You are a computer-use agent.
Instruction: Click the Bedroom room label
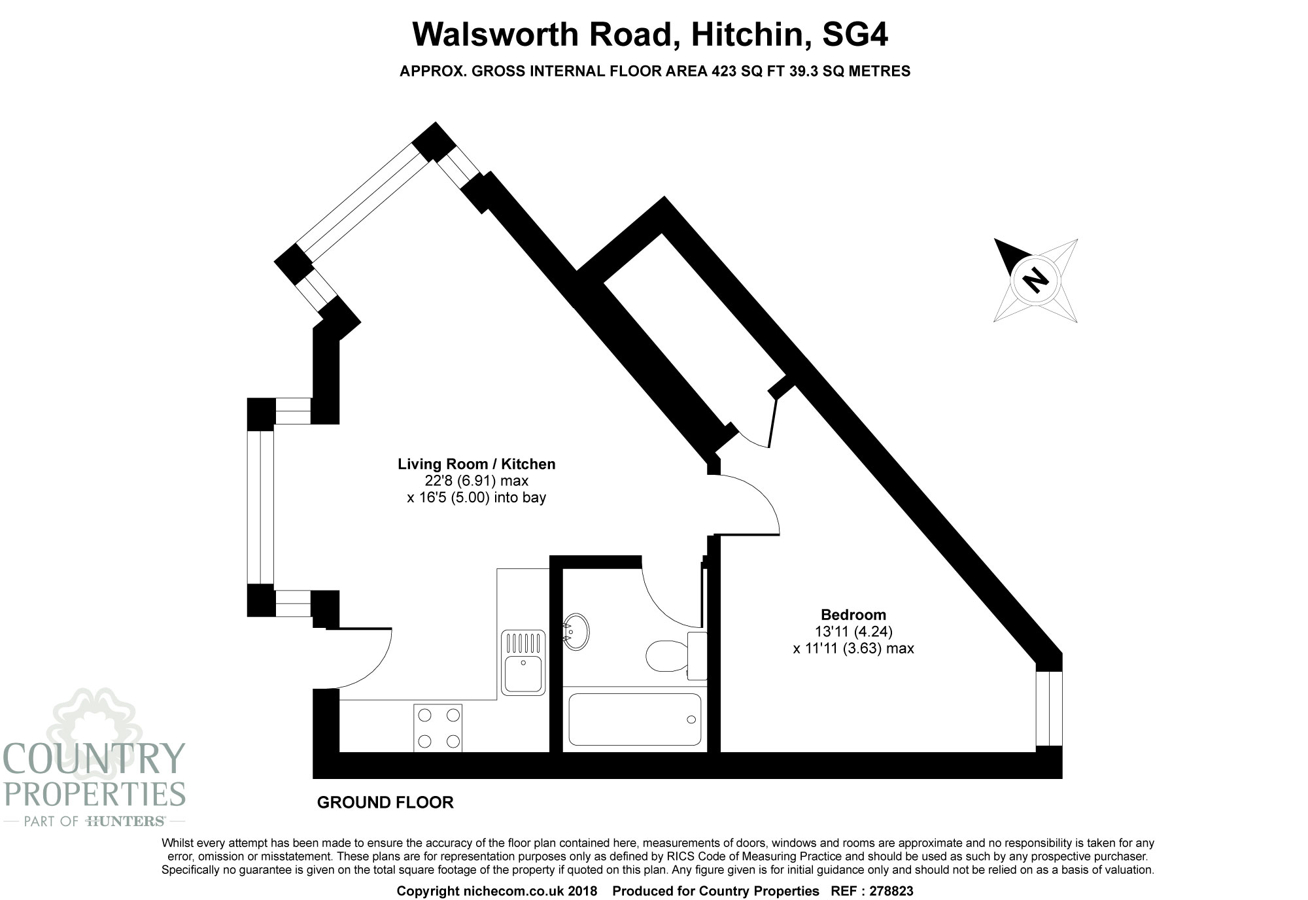(853, 615)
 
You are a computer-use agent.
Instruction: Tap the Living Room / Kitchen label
(477, 464)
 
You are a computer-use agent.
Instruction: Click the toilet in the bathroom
(676, 654)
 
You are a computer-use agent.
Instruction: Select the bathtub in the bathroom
(634, 719)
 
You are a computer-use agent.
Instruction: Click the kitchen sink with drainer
(523, 662)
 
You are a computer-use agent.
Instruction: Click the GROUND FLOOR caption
(385, 803)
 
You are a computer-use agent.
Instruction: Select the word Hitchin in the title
(746, 35)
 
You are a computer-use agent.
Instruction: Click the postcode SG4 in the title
(855, 35)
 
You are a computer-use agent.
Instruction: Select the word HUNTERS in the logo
(125, 821)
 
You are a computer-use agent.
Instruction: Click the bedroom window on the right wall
(1049, 708)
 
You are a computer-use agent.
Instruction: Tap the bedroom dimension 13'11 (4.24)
(853, 632)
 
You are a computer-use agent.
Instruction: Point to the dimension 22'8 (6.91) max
(476, 481)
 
